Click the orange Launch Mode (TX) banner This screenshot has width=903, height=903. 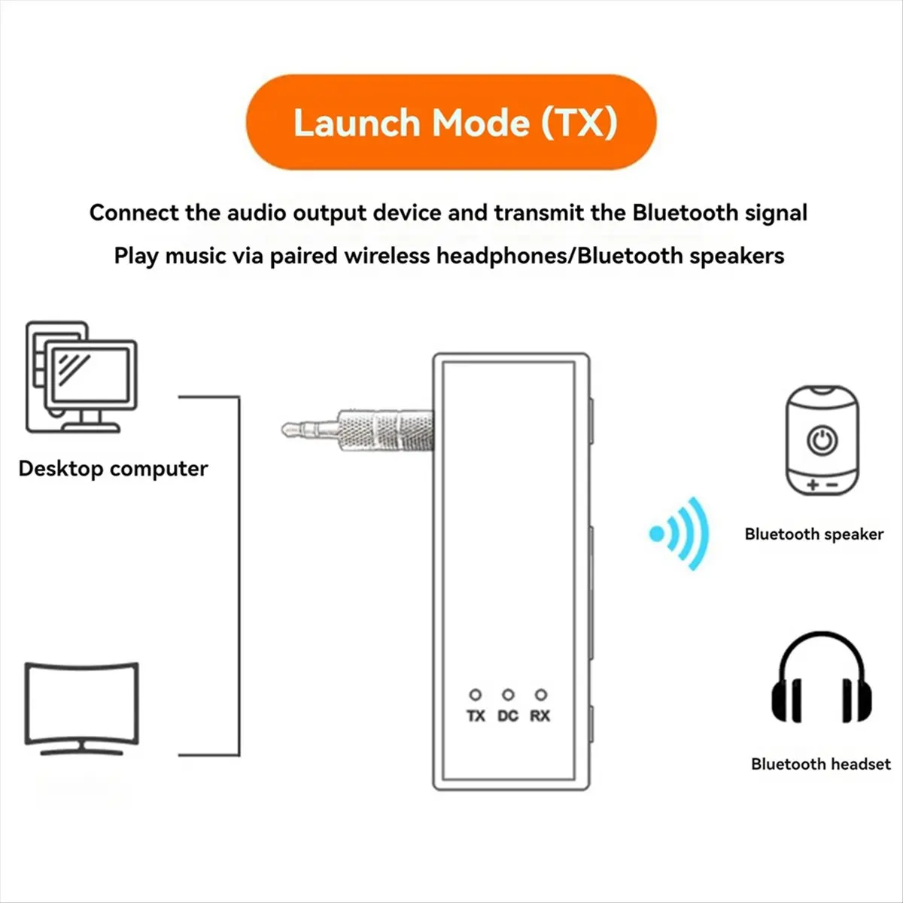[x=451, y=122]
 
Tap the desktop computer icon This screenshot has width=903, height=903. [x=81, y=378]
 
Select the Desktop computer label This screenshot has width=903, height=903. [x=113, y=469]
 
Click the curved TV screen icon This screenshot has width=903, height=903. [x=82, y=707]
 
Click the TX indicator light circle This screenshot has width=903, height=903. [x=476, y=695]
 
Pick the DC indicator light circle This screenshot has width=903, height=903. [x=508, y=695]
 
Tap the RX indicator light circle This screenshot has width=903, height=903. [x=540, y=695]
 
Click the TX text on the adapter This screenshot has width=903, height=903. [x=476, y=716]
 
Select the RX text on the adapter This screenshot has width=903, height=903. [x=540, y=716]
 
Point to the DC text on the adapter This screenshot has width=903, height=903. [x=508, y=716]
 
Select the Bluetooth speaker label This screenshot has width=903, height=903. [x=813, y=534]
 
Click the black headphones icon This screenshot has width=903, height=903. [x=822, y=679]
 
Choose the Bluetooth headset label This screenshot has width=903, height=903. [x=820, y=765]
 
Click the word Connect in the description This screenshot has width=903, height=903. [x=134, y=213]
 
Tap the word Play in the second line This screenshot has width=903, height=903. [x=136, y=256]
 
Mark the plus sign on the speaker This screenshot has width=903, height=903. [x=813, y=485]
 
